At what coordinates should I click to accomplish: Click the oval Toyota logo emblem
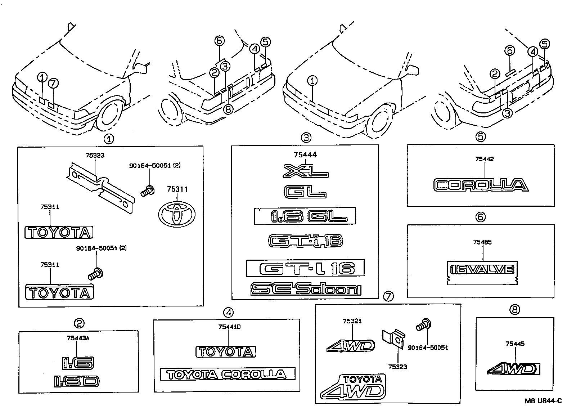[176, 214]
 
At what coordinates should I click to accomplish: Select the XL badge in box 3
[305, 171]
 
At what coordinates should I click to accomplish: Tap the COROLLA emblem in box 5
[481, 185]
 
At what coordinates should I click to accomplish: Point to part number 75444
[305, 155]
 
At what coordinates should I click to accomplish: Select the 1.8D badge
[77, 381]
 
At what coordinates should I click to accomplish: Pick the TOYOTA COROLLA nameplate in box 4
[228, 374]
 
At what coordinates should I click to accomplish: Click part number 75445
[515, 344]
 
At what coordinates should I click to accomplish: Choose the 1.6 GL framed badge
[305, 216]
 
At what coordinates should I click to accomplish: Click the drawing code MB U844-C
[543, 401]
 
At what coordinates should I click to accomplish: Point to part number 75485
[482, 242]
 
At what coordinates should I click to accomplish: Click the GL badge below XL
[305, 192]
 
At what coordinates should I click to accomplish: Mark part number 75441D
[229, 327]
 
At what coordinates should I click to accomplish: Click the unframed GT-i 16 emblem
[305, 241]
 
